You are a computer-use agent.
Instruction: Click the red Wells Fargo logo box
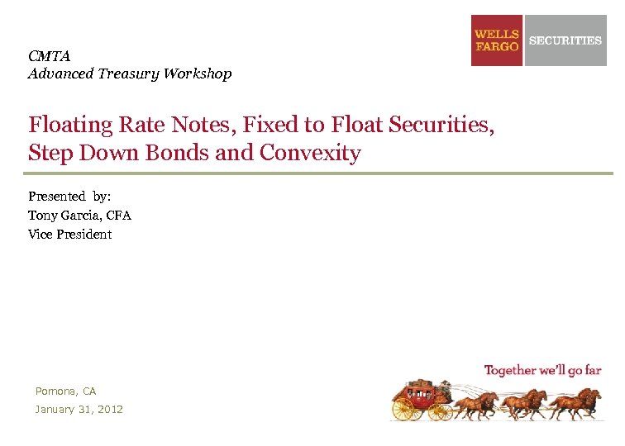497,40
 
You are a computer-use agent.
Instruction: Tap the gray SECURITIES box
565,40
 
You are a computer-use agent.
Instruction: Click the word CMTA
49,56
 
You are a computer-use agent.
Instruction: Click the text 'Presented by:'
69,197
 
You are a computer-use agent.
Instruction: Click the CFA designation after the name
118,216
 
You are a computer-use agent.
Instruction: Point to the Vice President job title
69,235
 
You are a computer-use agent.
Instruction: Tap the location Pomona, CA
65,391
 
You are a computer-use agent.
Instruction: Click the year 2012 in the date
109,409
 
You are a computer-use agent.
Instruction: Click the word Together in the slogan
510,370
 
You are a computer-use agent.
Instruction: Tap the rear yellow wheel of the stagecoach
403,408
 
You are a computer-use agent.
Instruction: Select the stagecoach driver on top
445,386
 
